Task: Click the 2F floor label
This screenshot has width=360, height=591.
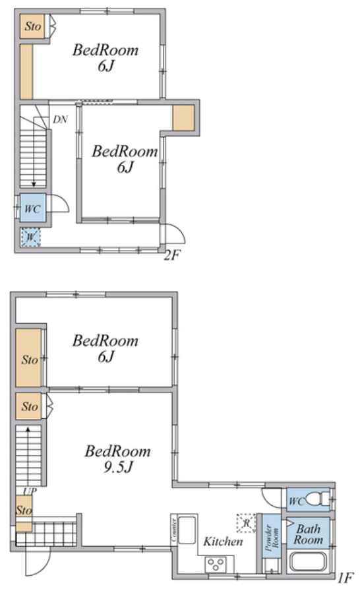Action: click(171, 255)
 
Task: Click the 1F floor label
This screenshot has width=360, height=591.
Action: click(345, 577)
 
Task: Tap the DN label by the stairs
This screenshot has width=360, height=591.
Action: click(60, 119)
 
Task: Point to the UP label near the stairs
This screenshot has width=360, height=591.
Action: click(30, 491)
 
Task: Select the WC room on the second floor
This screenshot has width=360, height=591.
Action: click(33, 208)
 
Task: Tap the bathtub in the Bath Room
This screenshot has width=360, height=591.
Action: click(307, 562)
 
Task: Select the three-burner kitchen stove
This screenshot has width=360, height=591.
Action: click(216, 564)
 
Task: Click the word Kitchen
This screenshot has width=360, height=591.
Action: click(223, 542)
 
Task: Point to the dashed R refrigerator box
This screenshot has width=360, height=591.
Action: click(246, 523)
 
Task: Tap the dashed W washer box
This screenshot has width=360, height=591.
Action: click(31, 237)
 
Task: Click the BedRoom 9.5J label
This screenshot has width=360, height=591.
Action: click(118, 458)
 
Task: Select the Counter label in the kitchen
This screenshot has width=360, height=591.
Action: click(174, 530)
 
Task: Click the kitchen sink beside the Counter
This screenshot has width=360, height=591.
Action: click(187, 530)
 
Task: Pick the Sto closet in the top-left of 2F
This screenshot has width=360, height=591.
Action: click(32, 26)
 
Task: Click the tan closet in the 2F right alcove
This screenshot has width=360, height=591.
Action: click(183, 117)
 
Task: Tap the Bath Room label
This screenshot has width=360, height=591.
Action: click(309, 534)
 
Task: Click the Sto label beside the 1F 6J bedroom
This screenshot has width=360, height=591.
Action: click(30, 359)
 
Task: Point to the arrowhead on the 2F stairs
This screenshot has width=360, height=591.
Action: click(34, 184)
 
